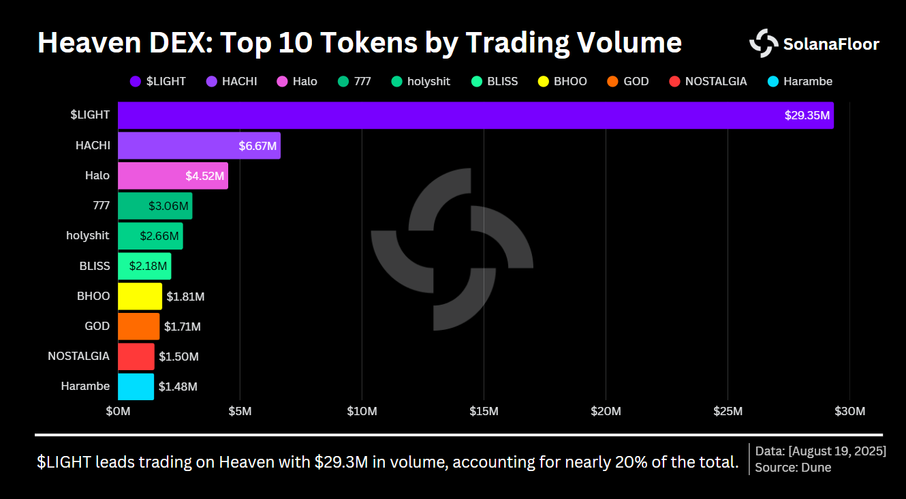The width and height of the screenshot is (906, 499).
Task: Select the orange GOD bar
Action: pyautogui.click(x=138, y=326)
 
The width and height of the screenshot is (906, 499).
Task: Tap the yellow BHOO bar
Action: pyautogui.click(x=140, y=296)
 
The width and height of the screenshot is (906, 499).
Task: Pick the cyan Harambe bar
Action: pyautogui.click(x=136, y=387)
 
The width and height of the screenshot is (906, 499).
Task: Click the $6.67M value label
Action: pyautogui.click(x=257, y=146)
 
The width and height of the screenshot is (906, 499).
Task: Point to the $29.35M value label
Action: pyautogui.click(x=807, y=116)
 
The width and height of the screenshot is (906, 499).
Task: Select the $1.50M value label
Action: pyautogui.click(x=178, y=357)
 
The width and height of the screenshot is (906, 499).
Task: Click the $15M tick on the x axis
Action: pyautogui.click(x=484, y=411)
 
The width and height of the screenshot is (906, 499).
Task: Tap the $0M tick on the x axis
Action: pyautogui.click(x=118, y=411)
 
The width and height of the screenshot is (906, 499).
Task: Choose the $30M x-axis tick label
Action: pyautogui.click(x=849, y=411)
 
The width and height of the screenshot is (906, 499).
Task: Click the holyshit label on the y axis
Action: pyautogui.click(x=88, y=236)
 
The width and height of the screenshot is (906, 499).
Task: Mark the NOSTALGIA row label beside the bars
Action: pyautogui.click(x=78, y=356)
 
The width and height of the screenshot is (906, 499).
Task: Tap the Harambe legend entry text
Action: pyautogui.click(x=808, y=81)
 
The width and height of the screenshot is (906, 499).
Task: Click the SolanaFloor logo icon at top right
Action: pyautogui.click(x=763, y=44)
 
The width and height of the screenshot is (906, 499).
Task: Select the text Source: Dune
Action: pyautogui.click(x=793, y=468)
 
